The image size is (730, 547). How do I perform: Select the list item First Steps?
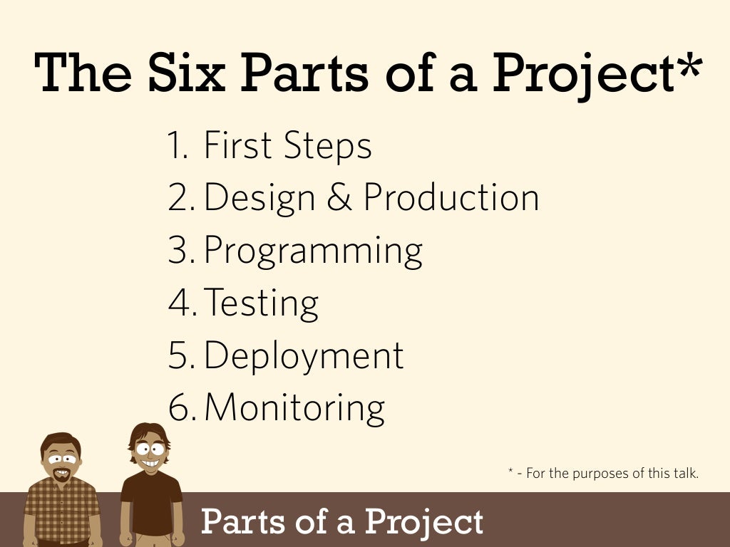click(x=287, y=146)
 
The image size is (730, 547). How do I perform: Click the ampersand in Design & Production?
click(x=339, y=197)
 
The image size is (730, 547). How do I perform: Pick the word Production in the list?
click(x=451, y=197)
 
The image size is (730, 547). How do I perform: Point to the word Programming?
click(x=313, y=251)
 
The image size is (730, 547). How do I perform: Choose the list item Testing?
click(x=262, y=303)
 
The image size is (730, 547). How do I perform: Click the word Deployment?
click(x=304, y=355)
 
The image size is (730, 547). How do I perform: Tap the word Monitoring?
click(x=294, y=408)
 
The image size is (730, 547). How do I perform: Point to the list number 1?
click(x=177, y=146)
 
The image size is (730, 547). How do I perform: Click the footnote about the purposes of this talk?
click(x=603, y=472)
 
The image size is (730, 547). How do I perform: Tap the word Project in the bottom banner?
click(x=423, y=522)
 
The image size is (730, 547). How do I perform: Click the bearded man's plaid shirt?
click(x=63, y=509)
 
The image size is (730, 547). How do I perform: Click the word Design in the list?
click(x=259, y=197)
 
